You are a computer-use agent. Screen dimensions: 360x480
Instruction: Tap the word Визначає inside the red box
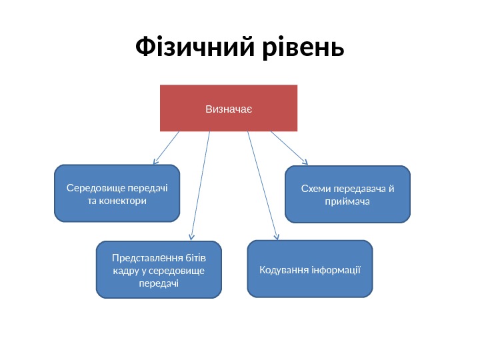[x=229, y=107]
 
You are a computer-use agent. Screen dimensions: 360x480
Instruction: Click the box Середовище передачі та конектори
[x=117, y=193]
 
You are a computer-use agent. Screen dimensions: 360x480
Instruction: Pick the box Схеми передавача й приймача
[x=347, y=194]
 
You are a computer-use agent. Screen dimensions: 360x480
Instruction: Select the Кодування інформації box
[x=310, y=269]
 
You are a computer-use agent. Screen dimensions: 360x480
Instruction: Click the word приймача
[x=347, y=201]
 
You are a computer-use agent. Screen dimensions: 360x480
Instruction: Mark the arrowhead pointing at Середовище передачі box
[x=155, y=161]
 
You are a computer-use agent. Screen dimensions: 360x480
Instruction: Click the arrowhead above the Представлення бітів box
[x=191, y=236]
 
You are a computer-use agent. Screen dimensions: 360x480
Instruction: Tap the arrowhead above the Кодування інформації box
[x=277, y=235]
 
